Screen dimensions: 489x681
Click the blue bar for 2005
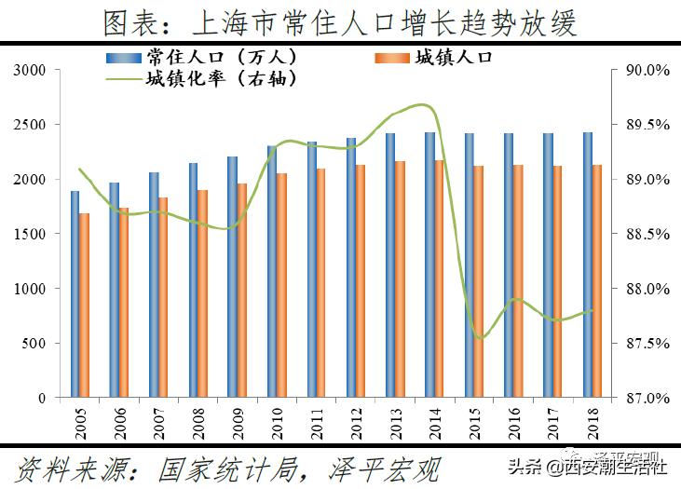75,294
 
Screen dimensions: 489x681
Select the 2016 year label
510,420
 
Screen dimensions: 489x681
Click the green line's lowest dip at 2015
480,337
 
